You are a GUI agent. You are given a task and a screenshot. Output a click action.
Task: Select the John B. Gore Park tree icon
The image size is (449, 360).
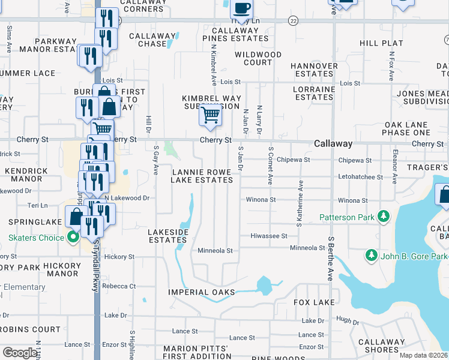point(371,256)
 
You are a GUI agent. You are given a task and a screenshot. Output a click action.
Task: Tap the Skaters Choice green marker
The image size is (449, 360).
point(74,238)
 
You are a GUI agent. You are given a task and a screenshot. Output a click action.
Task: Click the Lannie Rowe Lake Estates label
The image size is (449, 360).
point(202,176)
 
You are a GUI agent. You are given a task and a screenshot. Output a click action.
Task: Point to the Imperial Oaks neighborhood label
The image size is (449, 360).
point(202,293)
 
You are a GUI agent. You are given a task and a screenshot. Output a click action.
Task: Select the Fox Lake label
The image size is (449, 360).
point(313,302)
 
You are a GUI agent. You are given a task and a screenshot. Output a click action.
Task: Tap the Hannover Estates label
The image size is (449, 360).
point(314,70)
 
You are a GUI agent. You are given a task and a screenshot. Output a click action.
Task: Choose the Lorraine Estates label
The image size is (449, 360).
point(313,93)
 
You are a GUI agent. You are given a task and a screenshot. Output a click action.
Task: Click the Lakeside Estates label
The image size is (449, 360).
point(168,235)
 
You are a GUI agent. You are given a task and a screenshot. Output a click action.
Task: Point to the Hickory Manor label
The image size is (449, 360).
point(63,269)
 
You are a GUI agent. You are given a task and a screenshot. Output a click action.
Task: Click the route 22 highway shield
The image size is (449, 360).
point(292,20)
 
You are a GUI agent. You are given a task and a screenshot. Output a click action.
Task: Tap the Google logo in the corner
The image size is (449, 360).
point(20,352)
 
